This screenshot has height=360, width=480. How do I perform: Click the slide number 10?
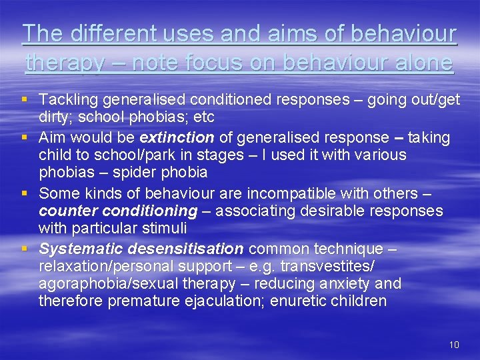point(454,345)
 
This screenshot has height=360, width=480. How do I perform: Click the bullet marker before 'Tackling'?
point(25,99)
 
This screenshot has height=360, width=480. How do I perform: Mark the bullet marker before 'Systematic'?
point(25,249)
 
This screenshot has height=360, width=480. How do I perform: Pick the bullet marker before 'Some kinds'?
point(25,193)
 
